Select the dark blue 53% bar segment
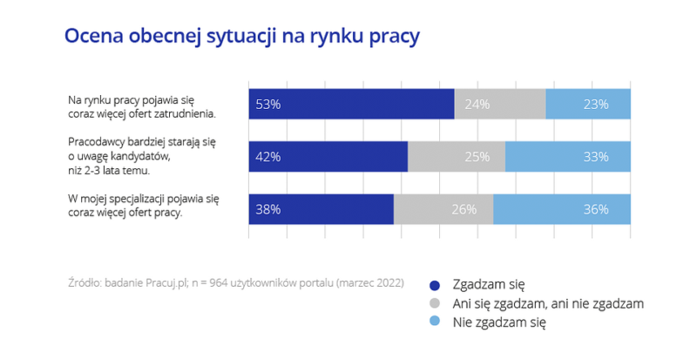pyautogui.click(x=351, y=104)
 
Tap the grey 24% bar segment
pyautogui.click(x=500, y=104)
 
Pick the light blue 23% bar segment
pyautogui.click(x=588, y=104)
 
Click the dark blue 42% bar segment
pyautogui.click(x=328, y=157)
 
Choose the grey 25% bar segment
pyautogui.click(x=457, y=157)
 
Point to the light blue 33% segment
pyautogui.click(x=568, y=157)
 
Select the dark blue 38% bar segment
pyautogui.click(x=321, y=209)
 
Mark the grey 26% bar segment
pyautogui.click(x=443, y=209)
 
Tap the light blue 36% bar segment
pyautogui.click(x=562, y=209)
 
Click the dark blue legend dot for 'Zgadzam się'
pyautogui.click(x=435, y=285)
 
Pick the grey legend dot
pyautogui.click(x=435, y=304)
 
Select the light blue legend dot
pyautogui.click(x=435, y=323)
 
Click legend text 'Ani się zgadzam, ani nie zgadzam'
pyautogui.click(x=547, y=303)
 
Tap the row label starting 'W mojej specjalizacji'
pyautogui.click(x=131, y=206)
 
